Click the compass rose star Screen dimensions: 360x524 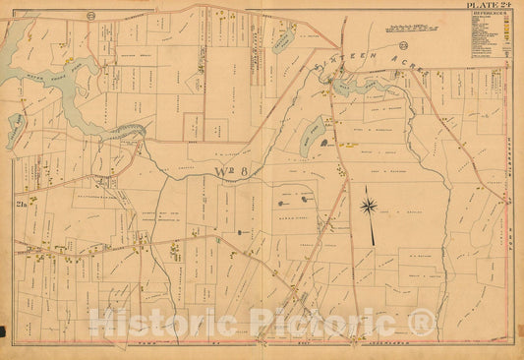[x=368, y=206]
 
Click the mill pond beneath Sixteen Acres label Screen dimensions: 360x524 [x=350, y=87]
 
